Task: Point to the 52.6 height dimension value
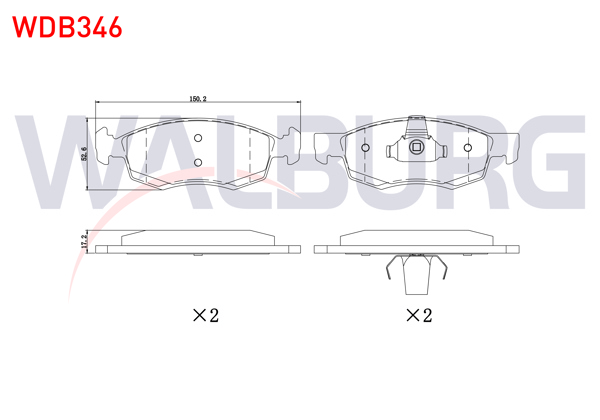(x=84, y=155)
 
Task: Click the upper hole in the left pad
(x=198, y=139)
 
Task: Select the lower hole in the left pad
(x=198, y=163)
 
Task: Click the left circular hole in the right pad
(x=365, y=149)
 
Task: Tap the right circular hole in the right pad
(x=468, y=149)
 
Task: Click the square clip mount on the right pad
(x=417, y=149)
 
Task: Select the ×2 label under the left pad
(x=204, y=316)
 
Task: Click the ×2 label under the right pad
(x=419, y=316)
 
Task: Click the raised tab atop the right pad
(x=417, y=124)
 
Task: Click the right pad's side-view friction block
(x=417, y=237)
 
